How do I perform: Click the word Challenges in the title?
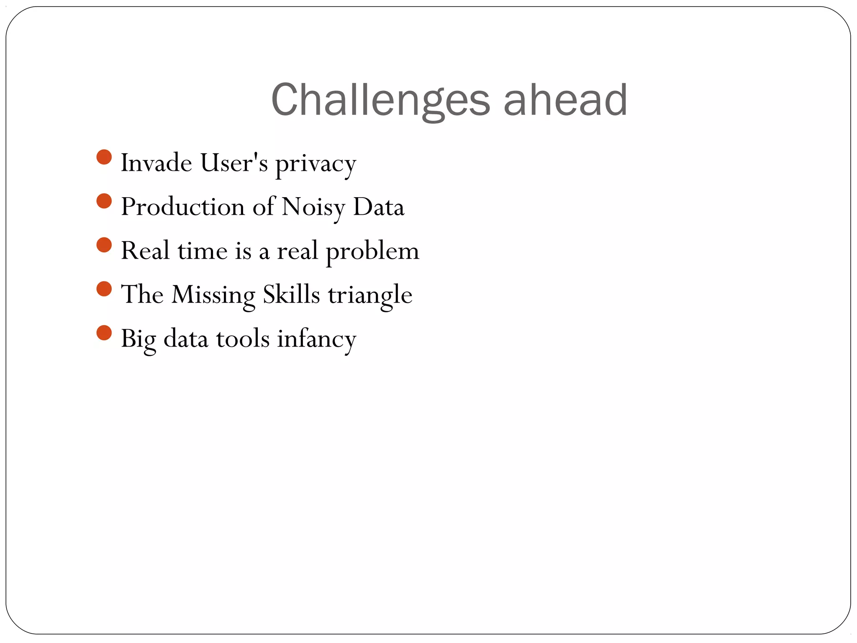point(380,100)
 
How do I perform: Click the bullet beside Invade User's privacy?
point(104,157)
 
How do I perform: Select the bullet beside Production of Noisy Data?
point(104,201)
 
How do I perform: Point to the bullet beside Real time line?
point(104,245)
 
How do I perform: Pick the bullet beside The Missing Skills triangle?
point(104,289)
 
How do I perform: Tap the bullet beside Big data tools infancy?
point(104,333)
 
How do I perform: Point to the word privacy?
point(316,164)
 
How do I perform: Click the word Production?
point(183,206)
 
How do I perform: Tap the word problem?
point(372,252)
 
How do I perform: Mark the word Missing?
point(213,295)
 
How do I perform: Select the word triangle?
point(370,295)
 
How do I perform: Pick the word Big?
point(138,339)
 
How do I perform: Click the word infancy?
point(316,339)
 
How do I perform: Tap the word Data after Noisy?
point(379,206)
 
